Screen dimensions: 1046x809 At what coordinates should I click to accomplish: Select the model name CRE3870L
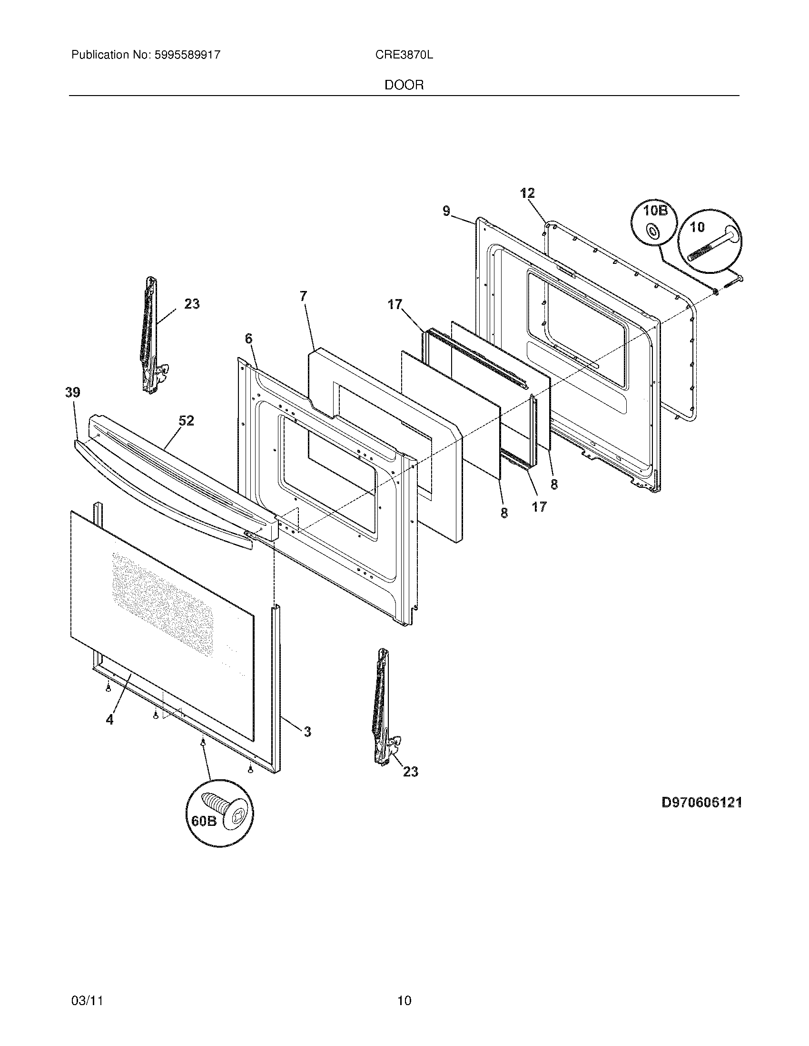coord(404,55)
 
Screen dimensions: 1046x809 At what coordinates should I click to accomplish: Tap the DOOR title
coord(404,85)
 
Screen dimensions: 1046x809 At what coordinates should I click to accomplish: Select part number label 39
coord(73,393)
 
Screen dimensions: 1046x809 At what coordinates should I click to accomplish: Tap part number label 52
coord(187,420)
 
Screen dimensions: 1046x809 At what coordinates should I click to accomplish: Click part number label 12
coord(527,194)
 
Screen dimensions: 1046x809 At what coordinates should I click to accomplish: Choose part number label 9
coord(446,211)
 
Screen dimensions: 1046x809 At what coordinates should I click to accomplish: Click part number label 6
coord(248,339)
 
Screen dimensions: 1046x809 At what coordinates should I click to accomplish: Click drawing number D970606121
coord(701,802)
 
